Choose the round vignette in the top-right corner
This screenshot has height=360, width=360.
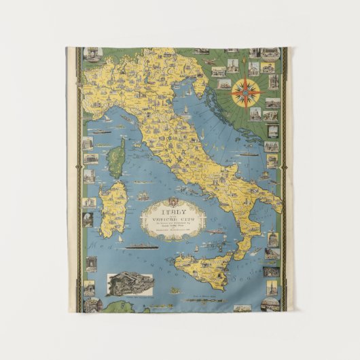pyautogui.click(x=270, y=53)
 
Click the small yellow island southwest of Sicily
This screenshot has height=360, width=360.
pyautogui.click(x=175, y=291)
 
